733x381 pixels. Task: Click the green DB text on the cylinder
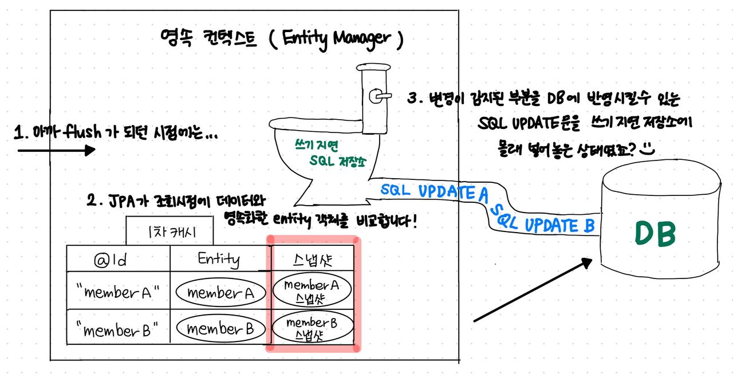pyautogui.click(x=656, y=233)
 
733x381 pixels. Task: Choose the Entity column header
pyautogui.click(x=219, y=259)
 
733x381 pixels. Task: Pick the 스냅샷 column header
pyautogui.click(x=313, y=260)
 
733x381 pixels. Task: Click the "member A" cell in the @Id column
pyautogui.click(x=117, y=292)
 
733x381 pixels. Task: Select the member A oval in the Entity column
pyautogui.click(x=220, y=293)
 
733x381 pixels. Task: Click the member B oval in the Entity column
pyautogui.click(x=220, y=329)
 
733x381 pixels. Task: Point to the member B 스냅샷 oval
pyautogui.click(x=312, y=328)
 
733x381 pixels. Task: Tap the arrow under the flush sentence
pyautogui.click(x=56, y=151)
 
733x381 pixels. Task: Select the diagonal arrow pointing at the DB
pyautogui.click(x=532, y=290)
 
